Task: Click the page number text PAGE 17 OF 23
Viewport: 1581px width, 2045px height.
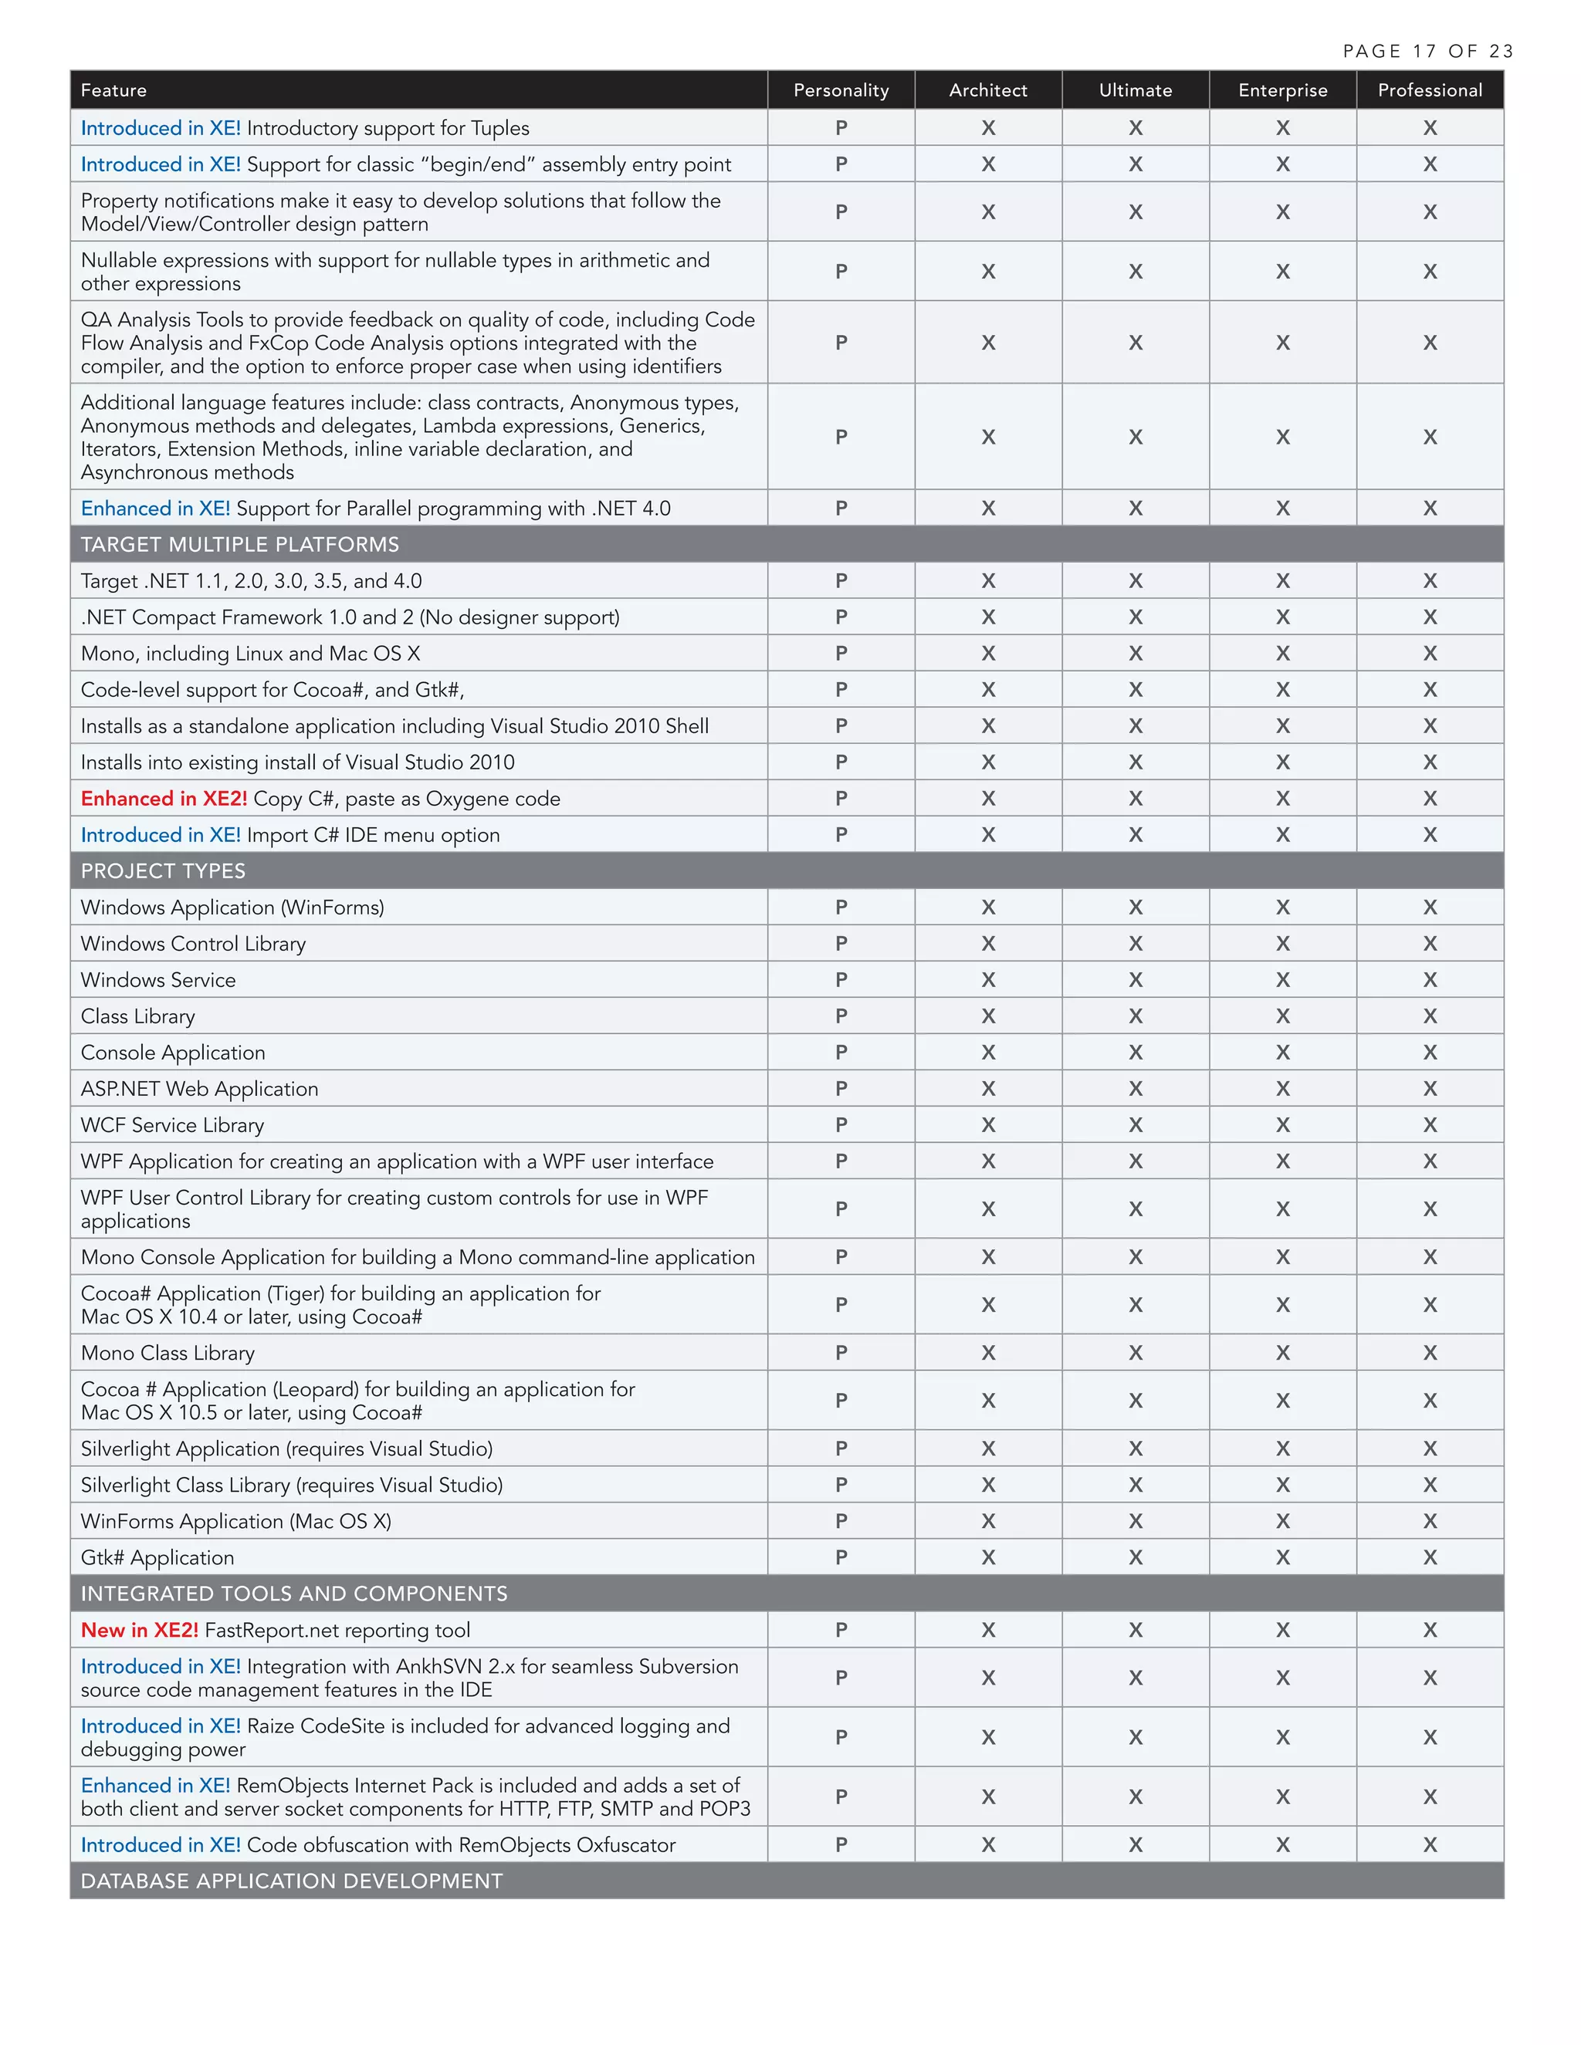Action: [1427, 52]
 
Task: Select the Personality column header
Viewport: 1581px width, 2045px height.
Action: [840, 90]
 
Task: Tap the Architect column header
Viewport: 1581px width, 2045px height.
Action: [987, 90]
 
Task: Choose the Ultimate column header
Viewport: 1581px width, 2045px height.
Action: [1134, 90]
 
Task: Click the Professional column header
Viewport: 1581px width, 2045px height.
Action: [1429, 90]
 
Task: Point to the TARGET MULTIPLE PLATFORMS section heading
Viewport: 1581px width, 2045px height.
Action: [240, 544]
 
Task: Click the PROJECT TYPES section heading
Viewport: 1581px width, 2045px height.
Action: [163, 870]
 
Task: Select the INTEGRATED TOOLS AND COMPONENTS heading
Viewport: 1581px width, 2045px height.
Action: [294, 1594]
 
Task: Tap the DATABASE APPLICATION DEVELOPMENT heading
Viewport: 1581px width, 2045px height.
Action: [291, 1881]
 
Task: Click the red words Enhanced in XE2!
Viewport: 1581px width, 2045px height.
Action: [164, 799]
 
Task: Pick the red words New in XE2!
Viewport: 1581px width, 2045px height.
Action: [140, 1630]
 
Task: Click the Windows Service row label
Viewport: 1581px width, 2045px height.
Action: [158, 980]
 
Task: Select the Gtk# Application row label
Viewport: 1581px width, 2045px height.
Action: [157, 1557]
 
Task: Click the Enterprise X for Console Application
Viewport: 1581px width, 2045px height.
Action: [1282, 1053]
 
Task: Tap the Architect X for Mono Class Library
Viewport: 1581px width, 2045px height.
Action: [988, 1353]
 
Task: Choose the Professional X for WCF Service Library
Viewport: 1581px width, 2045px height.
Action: [1429, 1124]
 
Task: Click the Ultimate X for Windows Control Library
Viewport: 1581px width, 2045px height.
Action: [1135, 944]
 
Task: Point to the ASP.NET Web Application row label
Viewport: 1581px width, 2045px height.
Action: [199, 1089]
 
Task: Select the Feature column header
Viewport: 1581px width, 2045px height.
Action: [113, 90]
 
